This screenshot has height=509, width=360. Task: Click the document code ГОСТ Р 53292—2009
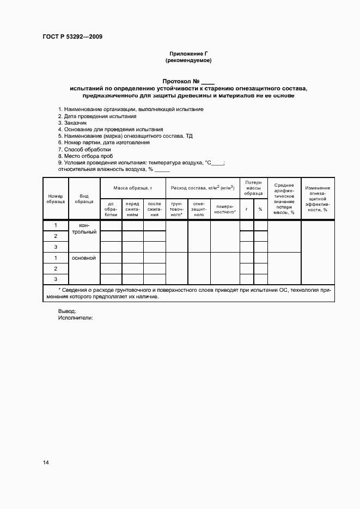point(72,37)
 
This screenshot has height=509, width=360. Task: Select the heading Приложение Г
point(188,53)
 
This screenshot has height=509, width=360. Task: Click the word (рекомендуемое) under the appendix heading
point(188,60)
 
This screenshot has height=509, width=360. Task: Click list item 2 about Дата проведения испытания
point(97,116)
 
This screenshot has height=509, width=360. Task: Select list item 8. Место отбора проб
point(86,156)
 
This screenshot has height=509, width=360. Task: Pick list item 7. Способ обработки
point(84,149)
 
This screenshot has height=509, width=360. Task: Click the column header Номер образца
point(56,199)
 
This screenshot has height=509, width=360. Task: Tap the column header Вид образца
point(84,199)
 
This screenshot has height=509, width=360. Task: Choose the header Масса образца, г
point(132,187)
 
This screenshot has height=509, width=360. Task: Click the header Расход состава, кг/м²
point(202,187)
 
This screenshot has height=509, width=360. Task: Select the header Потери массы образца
point(253,188)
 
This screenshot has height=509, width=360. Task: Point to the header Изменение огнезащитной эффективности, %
point(318,199)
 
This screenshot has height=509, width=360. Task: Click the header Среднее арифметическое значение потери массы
point(284,199)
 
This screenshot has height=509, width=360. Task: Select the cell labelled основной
point(84,258)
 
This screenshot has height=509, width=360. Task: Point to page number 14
point(46,463)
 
